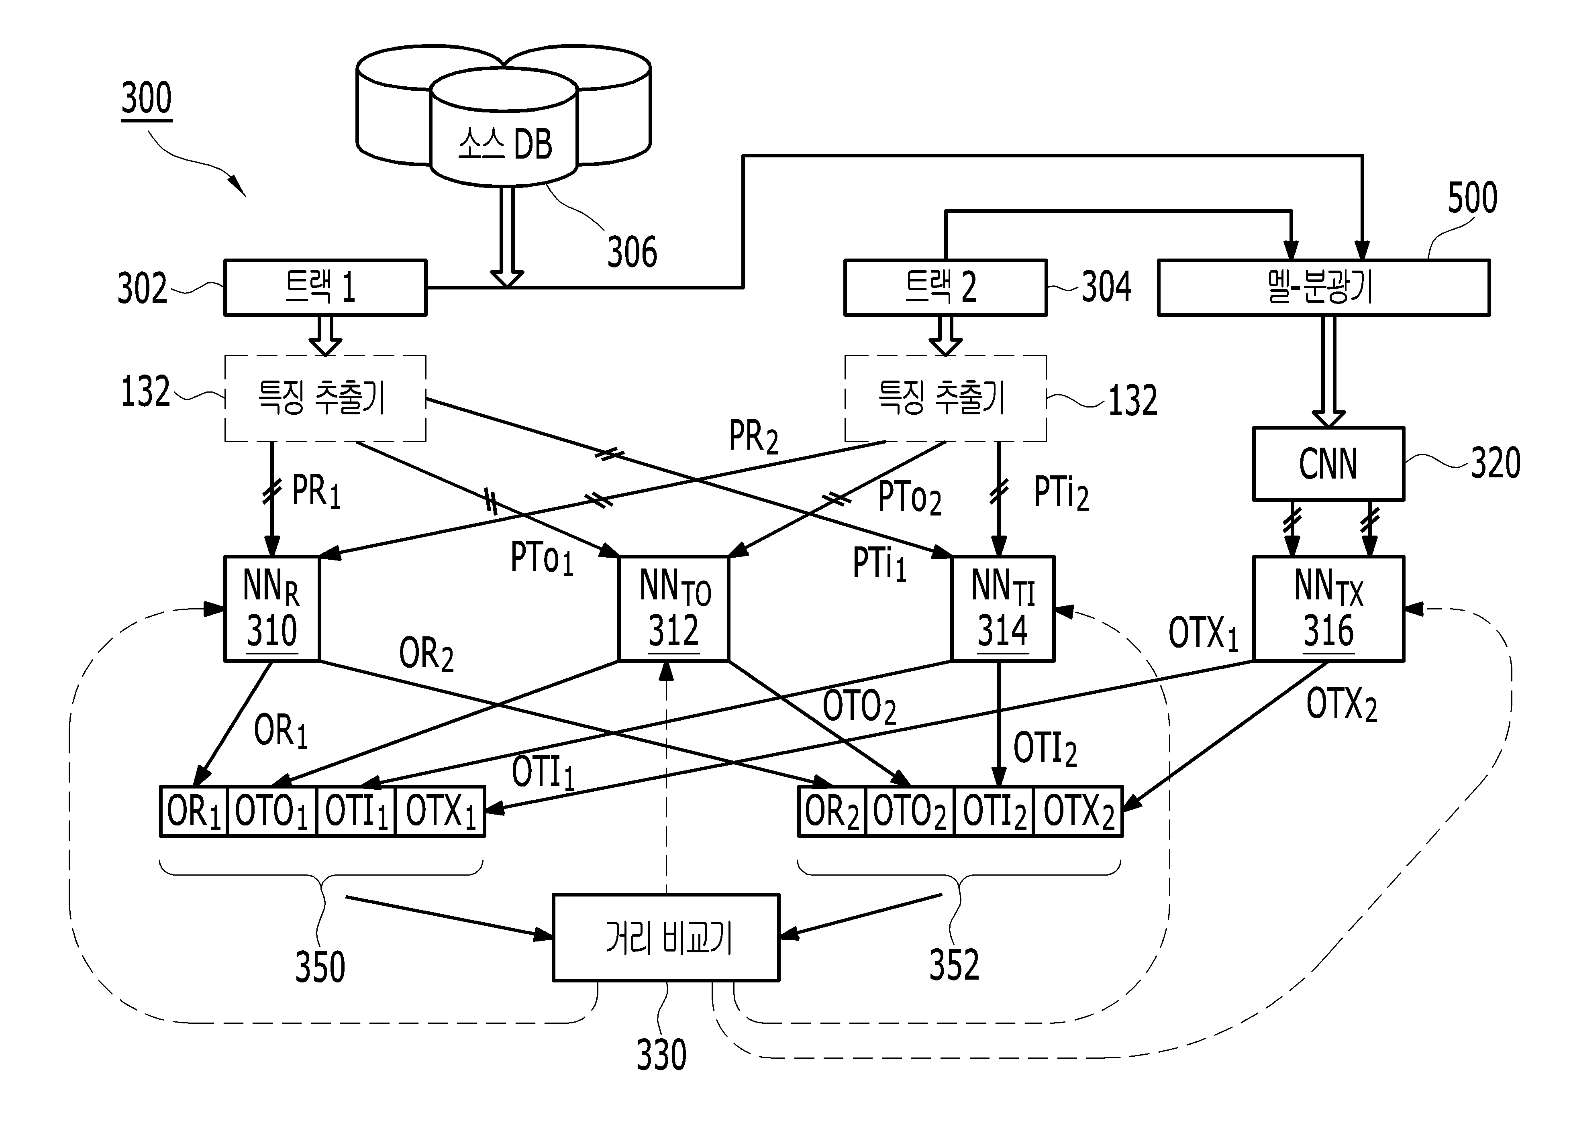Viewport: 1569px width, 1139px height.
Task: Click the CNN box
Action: pyautogui.click(x=1328, y=463)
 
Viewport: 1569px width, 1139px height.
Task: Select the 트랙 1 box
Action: pyautogui.click(x=325, y=288)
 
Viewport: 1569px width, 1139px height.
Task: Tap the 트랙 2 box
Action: pyautogui.click(x=945, y=288)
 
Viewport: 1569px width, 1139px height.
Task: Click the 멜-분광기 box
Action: pyautogui.click(x=1323, y=288)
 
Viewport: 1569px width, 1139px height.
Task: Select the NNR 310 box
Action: pyautogui.click(x=272, y=609)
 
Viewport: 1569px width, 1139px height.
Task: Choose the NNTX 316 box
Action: pyautogui.click(x=1328, y=609)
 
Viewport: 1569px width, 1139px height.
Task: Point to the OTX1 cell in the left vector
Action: pyautogui.click(x=441, y=812)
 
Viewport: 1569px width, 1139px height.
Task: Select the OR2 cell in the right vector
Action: pyautogui.click(x=832, y=812)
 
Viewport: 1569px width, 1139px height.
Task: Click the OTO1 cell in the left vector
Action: pyautogui.click(x=271, y=812)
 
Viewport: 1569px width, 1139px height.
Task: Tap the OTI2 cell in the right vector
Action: pyautogui.click(x=994, y=812)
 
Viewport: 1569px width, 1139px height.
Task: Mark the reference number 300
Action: pyautogui.click(x=146, y=98)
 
